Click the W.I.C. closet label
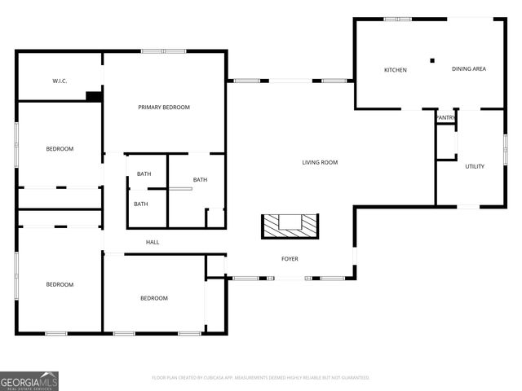pyautogui.click(x=60, y=81)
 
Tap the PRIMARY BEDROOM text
pyautogui.click(x=164, y=108)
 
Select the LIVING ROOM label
pyautogui.click(x=320, y=162)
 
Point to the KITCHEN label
pyautogui.click(x=396, y=70)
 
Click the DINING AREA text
pyautogui.click(x=469, y=69)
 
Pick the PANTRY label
pyautogui.click(x=445, y=118)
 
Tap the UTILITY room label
pyautogui.click(x=475, y=166)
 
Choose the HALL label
pyautogui.click(x=153, y=242)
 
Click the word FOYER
pyautogui.click(x=290, y=259)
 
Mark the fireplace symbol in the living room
pyautogui.click(x=290, y=226)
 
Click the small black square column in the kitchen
pyautogui.click(x=433, y=59)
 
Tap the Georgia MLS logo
pyautogui.click(x=29, y=380)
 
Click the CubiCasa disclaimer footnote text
pyautogui.click(x=261, y=377)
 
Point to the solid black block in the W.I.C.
pyautogui.click(x=94, y=96)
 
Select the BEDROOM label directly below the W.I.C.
pyautogui.click(x=60, y=148)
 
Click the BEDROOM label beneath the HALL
pyautogui.click(x=153, y=298)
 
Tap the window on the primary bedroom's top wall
pyautogui.click(x=163, y=51)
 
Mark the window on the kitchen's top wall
pyautogui.click(x=397, y=19)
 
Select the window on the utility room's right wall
pyautogui.click(x=504, y=147)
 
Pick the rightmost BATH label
pyautogui.click(x=200, y=180)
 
